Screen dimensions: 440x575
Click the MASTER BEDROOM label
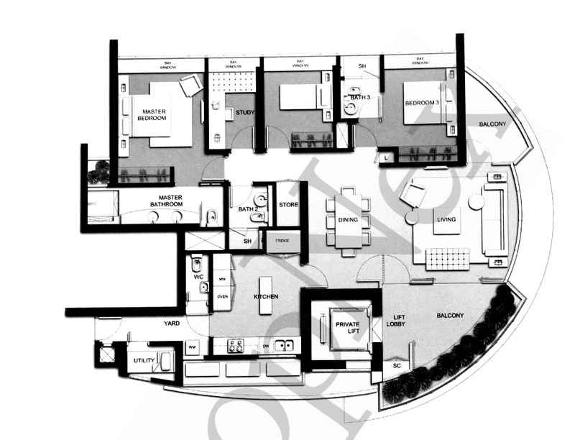pos(155,116)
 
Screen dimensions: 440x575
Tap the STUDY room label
pos(246,112)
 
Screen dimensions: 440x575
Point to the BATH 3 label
pos(361,96)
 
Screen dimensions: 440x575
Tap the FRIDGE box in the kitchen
pos(282,243)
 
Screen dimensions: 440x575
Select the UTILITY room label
pos(144,360)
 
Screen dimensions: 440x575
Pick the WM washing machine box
pos(193,347)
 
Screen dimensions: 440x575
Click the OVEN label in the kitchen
pos(223,295)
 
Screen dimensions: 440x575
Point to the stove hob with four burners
pos(236,346)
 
